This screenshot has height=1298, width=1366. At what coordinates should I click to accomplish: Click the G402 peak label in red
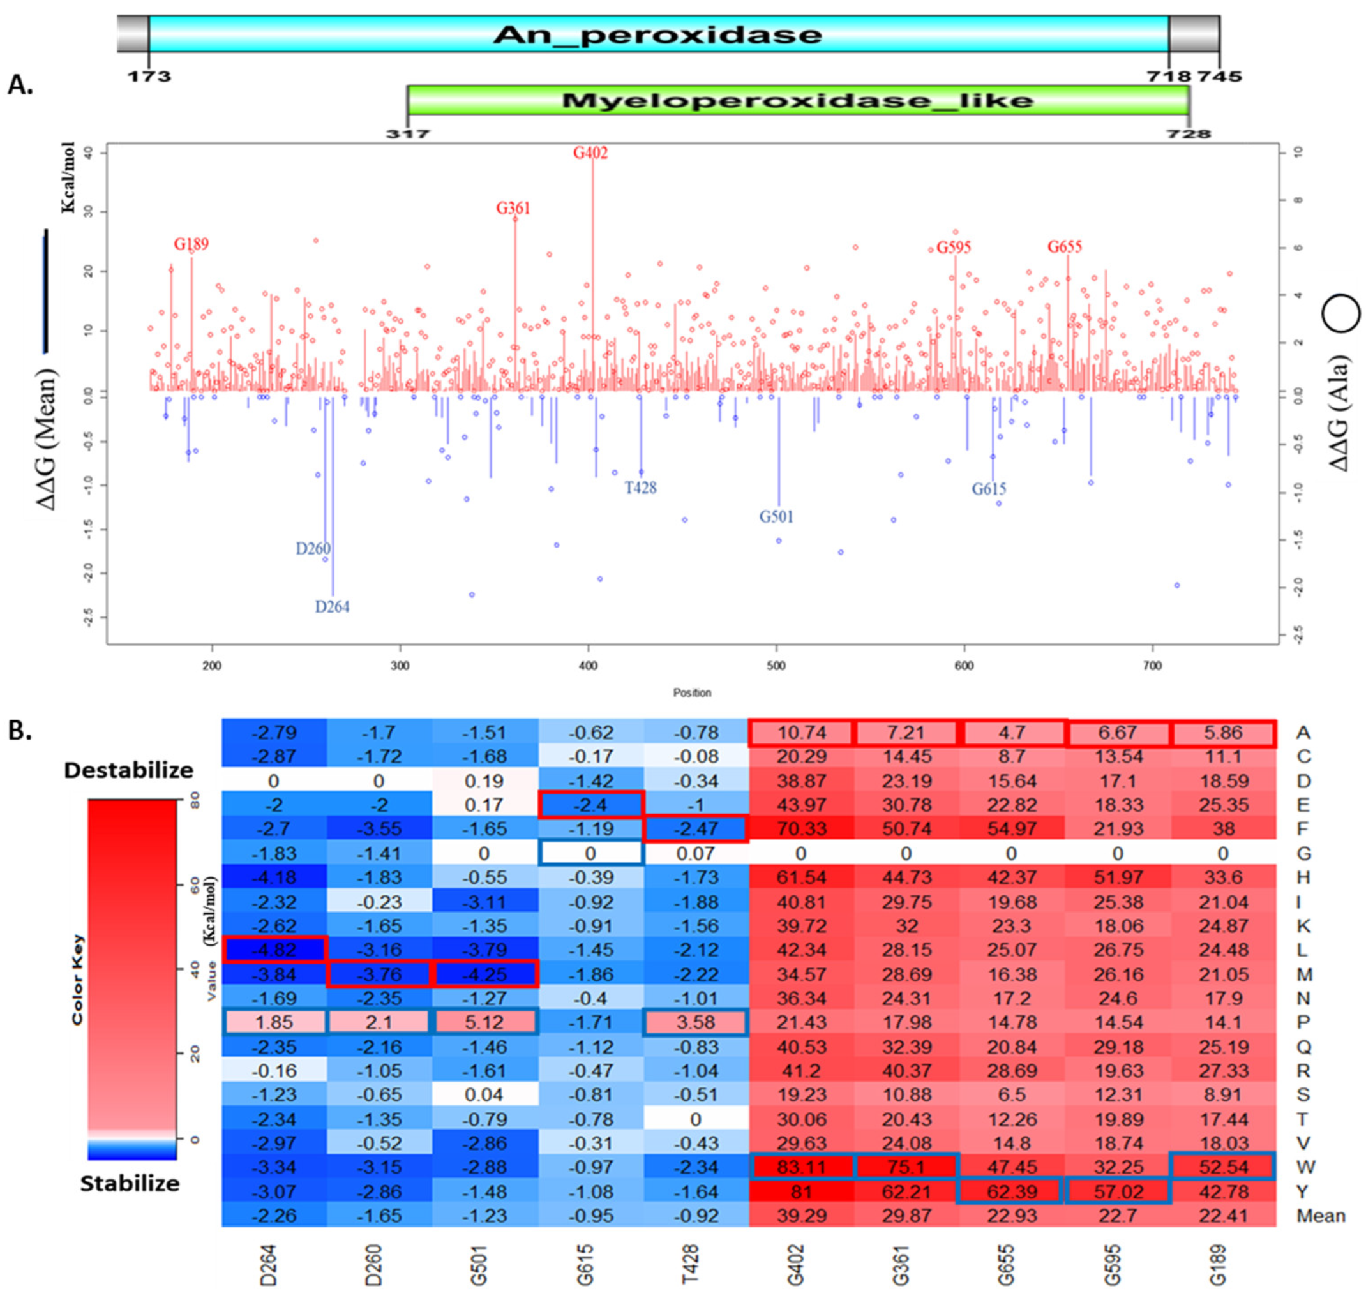tap(590, 153)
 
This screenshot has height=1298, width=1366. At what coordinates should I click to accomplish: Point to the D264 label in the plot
tap(332, 607)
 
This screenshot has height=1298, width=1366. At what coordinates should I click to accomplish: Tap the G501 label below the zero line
tap(776, 517)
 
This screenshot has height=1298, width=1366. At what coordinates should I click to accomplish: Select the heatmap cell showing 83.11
tap(800, 1167)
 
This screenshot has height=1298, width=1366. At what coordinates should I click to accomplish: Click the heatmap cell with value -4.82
tap(274, 950)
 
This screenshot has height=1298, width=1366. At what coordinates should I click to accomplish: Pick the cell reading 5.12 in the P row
tap(484, 1022)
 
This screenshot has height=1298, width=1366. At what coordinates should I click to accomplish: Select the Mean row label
tap(1320, 1216)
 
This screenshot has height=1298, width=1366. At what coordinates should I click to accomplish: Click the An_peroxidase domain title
tap(657, 34)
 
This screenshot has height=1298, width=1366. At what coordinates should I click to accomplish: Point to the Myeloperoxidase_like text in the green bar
tap(797, 101)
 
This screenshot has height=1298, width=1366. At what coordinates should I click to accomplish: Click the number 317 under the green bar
tap(408, 133)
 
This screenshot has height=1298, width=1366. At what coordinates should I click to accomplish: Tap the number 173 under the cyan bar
tap(149, 76)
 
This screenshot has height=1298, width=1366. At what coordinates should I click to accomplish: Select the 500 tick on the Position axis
tap(776, 666)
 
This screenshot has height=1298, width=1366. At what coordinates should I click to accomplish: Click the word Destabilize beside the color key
tap(129, 770)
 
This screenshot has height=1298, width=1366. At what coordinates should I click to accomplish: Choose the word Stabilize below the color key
tap(130, 1184)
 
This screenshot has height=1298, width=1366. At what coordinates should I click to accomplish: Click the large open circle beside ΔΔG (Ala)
tap(1341, 313)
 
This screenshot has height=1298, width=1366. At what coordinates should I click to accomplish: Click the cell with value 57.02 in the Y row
tap(1118, 1191)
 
